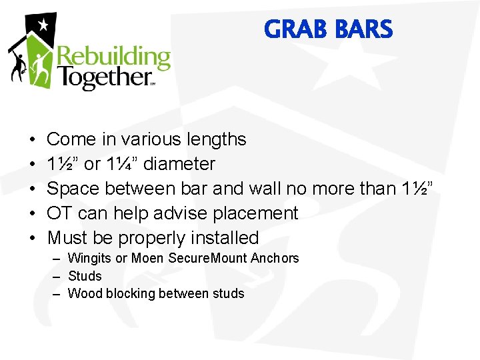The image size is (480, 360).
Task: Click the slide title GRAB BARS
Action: tap(328, 30)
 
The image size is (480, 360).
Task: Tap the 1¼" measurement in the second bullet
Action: tap(121, 164)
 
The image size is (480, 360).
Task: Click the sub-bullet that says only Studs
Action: tap(85, 276)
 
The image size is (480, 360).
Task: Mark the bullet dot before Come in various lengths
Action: tap(32, 140)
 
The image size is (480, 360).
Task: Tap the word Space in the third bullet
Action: tap(69, 189)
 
